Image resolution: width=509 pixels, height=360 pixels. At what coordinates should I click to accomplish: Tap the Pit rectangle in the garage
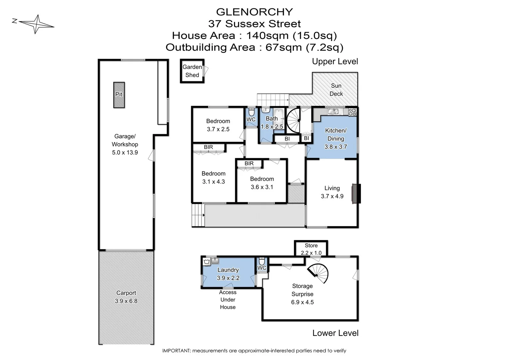[x=119, y=95]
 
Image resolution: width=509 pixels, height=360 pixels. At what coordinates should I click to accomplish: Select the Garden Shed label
[x=192, y=71]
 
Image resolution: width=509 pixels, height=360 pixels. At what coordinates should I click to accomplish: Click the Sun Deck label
[x=336, y=90]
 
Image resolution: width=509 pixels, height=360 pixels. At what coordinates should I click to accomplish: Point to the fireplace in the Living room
[x=356, y=193]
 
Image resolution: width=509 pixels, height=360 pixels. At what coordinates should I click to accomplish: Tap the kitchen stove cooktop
[x=352, y=112]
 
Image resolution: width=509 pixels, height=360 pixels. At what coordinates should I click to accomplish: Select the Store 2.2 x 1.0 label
[x=311, y=249]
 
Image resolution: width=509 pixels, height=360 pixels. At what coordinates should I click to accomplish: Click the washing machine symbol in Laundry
[x=207, y=261]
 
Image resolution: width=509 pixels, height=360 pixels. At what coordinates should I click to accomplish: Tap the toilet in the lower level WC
[x=261, y=261]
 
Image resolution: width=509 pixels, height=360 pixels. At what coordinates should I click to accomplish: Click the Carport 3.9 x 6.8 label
[x=126, y=297]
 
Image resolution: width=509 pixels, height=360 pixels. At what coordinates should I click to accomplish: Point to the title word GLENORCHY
[x=254, y=12]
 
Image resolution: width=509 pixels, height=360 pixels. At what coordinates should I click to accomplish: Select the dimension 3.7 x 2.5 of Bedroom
[x=218, y=129]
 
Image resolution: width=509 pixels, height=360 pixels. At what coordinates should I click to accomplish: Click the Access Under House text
[x=228, y=300]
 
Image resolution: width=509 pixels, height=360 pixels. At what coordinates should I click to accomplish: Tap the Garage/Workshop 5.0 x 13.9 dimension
[x=125, y=153]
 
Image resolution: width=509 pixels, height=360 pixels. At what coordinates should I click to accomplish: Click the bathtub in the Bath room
[x=279, y=116]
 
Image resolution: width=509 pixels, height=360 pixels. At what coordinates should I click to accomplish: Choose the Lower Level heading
[x=335, y=333]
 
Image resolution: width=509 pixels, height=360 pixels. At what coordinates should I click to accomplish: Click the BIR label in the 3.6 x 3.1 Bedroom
[x=249, y=163]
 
